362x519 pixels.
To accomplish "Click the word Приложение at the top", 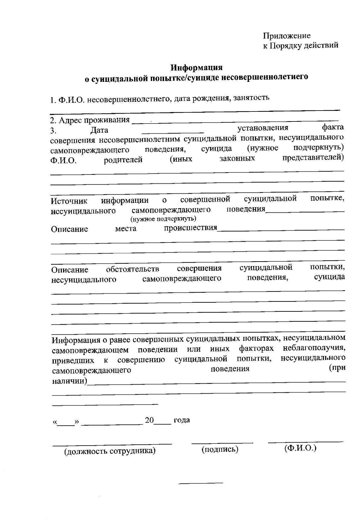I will [286, 36].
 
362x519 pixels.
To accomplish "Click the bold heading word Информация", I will [196, 67].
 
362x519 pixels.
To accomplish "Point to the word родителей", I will [123, 160].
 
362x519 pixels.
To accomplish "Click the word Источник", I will [69, 201].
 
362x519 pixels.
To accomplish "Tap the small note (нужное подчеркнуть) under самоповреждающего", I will [163, 218].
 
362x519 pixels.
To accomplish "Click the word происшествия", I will [190, 227].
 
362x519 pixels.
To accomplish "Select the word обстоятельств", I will [132, 269].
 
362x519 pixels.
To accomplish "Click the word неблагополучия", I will [314, 348].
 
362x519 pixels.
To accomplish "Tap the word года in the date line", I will [182, 420].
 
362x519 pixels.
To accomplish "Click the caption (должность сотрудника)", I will [110, 451].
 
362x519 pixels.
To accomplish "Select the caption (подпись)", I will [220, 450].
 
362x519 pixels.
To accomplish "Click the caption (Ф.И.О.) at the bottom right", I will [300, 448].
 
